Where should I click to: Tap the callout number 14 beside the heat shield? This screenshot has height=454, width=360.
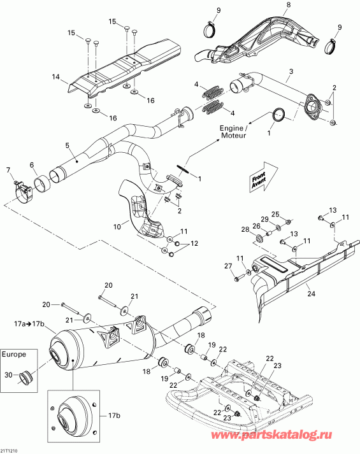coord(55,77)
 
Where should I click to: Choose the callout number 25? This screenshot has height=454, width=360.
coord(275,213)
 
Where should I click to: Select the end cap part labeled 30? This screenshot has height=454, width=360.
coord(27,380)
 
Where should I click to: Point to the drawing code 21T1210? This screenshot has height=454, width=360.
coord(10,450)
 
